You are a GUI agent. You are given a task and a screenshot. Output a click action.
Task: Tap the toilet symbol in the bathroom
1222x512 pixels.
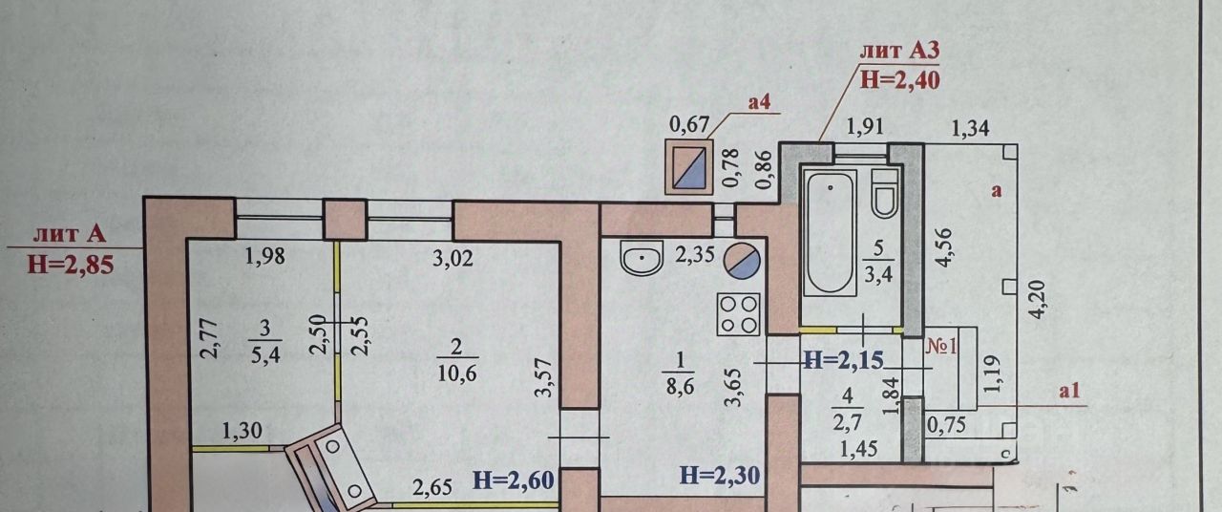pos(884,193)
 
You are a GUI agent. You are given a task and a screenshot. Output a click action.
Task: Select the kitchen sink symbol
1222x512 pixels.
pos(643,258)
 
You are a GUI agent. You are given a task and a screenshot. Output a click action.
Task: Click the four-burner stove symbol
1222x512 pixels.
pos(739,313)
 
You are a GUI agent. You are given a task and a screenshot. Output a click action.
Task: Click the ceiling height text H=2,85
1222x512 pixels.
pos(71,265)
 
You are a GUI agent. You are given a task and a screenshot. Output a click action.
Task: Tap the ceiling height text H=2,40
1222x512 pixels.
pos(900,79)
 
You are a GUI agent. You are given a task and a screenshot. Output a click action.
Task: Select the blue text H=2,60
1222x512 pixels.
pos(514,480)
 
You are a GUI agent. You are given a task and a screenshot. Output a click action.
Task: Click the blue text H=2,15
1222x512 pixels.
pos(844,359)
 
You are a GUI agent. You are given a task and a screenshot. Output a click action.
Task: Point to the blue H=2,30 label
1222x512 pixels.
pos(720,474)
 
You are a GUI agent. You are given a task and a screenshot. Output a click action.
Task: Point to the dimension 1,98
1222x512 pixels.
pos(263,255)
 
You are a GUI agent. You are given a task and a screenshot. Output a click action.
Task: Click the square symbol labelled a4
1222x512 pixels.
pos(689,168)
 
